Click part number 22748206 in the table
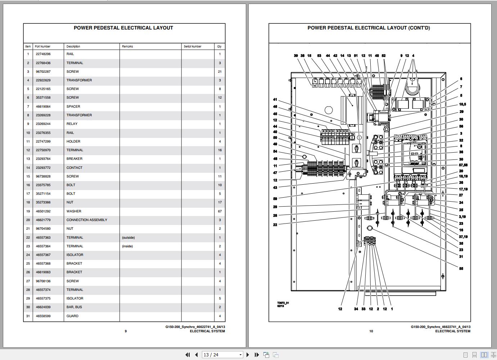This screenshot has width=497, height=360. pos(43,54)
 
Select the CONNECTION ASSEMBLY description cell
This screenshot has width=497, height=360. pos(87,220)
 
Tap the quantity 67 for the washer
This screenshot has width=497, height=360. pos(220,211)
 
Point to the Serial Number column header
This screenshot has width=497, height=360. pos(193,46)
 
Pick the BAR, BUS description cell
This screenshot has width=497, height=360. pos(74,307)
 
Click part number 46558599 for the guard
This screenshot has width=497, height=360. pos(43,316)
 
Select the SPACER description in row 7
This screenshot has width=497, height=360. pos(73,107)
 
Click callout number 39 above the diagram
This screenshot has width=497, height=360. pos(296,56)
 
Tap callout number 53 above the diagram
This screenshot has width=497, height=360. pos(319,56)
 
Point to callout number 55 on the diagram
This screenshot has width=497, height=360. pos(461,269)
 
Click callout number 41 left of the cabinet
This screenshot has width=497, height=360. pos(275,100)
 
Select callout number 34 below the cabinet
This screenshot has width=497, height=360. pos(356,309)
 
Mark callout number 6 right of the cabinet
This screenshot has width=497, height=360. pos(461,79)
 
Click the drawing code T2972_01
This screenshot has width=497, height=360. pos(283,303)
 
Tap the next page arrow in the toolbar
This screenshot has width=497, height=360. pos(248,355)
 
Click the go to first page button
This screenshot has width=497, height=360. pos(187,355)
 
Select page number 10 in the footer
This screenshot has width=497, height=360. pos(371,331)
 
